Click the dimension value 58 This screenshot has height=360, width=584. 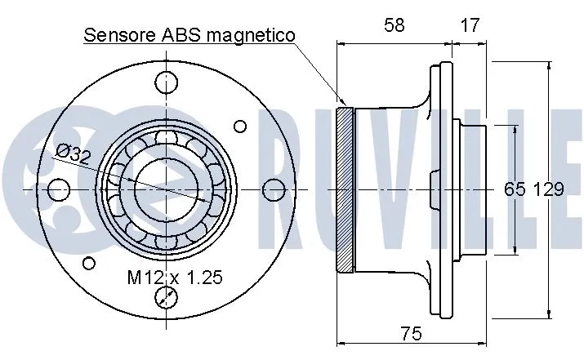click(x=395, y=25)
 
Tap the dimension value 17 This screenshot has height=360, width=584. click(x=469, y=25)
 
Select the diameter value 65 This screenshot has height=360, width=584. click(x=514, y=190)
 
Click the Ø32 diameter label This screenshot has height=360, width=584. click(x=73, y=153)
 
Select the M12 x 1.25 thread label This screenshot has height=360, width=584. click(x=174, y=278)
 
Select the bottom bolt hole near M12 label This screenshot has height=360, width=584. click(x=167, y=298)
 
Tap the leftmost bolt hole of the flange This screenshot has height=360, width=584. click(x=57, y=190)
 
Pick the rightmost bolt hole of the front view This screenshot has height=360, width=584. click(x=274, y=190)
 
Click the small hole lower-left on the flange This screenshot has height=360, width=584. click(x=90, y=263)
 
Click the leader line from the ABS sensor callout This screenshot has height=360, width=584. click(x=319, y=73)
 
